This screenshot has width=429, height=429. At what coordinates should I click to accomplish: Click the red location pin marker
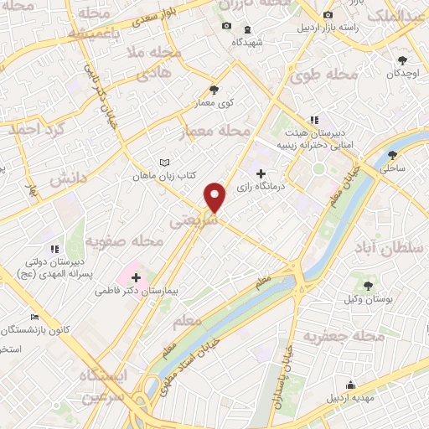click(x=215, y=197)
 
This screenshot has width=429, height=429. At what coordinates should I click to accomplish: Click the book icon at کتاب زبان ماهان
click(x=165, y=163)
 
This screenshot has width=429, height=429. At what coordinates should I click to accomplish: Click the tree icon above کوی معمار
click(x=214, y=89)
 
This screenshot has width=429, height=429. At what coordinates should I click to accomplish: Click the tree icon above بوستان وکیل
click(x=368, y=286)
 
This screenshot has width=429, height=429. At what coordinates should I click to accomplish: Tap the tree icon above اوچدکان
click(x=404, y=60)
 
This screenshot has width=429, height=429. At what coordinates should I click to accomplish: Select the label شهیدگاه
click(x=247, y=41)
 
